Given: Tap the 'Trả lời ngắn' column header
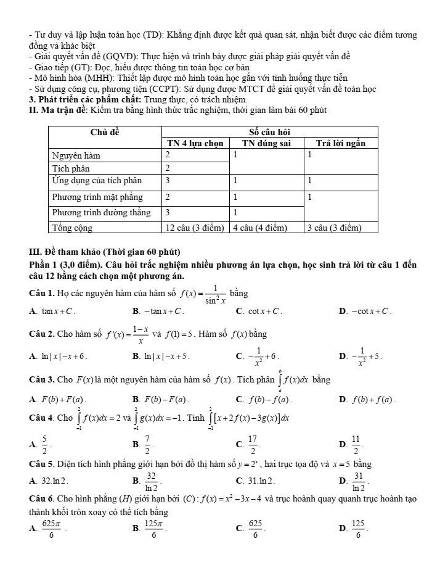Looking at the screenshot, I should pyautogui.click(x=341, y=143).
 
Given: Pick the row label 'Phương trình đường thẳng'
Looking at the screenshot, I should pyautogui.click(x=101, y=212).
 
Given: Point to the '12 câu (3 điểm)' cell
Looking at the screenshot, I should pyautogui.click(x=194, y=228).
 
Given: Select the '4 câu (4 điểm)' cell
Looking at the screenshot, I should pyautogui.click(x=259, y=228).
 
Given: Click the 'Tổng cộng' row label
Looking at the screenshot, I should pyautogui.click(x=72, y=228).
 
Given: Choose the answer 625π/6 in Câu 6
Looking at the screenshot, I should pyautogui.click(x=50, y=527).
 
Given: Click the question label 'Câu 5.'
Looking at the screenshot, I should pyautogui.click(x=43, y=464).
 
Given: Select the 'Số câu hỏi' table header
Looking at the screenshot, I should pyautogui.click(x=269, y=131).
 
